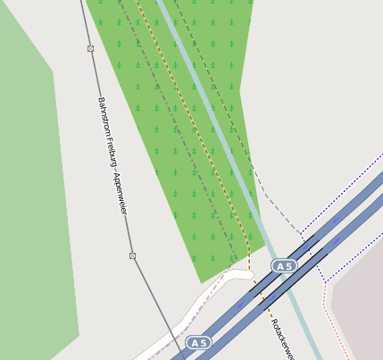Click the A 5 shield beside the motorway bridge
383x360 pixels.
point(284,266)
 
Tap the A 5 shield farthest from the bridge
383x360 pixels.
point(198,343)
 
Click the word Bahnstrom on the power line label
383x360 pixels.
point(103,113)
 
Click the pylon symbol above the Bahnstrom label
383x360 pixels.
point(90,48)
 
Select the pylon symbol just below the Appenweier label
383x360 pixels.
point(132,255)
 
